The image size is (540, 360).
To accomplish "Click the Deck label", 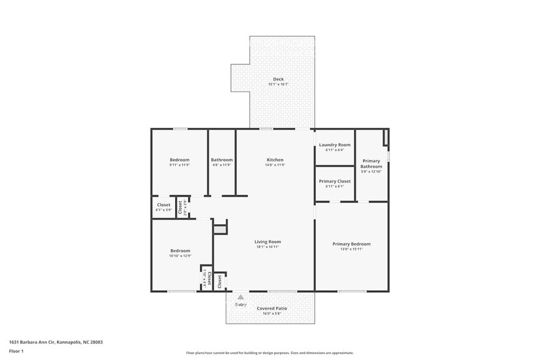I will (x=279, y=79).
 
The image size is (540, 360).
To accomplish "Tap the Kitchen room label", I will (x=274, y=160).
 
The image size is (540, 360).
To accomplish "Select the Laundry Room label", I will (x=334, y=144).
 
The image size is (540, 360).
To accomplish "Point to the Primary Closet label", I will (x=334, y=181).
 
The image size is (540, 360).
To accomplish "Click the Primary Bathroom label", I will (x=371, y=163).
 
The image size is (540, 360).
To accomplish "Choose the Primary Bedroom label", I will (x=351, y=244).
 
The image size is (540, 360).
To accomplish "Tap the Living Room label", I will (x=268, y=241).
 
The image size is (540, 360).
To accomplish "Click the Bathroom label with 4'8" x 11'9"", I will (x=222, y=160).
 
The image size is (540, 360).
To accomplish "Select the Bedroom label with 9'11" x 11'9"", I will (x=179, y=160).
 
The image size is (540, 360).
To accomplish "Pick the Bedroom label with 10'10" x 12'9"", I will (x=180, y=250).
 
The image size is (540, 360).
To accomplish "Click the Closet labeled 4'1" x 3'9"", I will (x=163, y=204).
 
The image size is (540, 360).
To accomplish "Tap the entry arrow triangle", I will (x=241, y=297).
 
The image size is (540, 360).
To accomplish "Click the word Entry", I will (x=241, y=304).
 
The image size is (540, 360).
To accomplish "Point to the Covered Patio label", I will (x=272, y=308).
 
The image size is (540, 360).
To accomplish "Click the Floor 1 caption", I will (x=16, y=351).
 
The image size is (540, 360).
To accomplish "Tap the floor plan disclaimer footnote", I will (x=269, y=353).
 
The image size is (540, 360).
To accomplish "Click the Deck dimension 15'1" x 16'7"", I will (x=279, y=84).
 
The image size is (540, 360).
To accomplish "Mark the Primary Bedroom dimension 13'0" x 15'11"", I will (x=351, y=249).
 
